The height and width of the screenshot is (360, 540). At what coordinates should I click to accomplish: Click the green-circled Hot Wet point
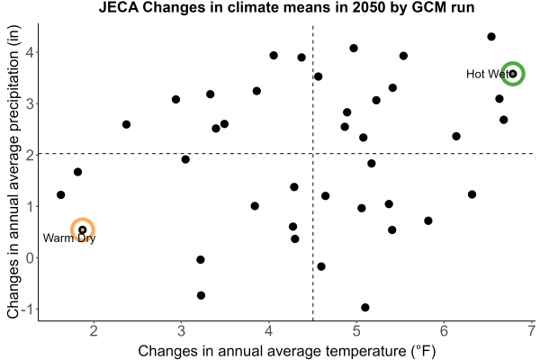(x=513, y=74)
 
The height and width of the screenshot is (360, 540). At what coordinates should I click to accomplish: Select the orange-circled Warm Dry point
(x=82, y=229)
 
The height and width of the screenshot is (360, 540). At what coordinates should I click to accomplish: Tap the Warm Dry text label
(x=69, y=238)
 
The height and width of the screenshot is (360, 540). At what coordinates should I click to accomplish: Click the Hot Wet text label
(x=487, y=74)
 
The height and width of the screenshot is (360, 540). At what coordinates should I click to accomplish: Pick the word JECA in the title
(x=119, y=7)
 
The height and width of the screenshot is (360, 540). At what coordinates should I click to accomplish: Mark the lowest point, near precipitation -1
(x=365, y=307)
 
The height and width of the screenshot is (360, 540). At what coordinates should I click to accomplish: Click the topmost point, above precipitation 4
(x=491, y=37)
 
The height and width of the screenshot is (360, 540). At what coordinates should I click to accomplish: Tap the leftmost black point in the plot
(x=60, y=195)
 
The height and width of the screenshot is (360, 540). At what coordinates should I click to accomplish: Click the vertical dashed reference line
(x=312, y=172)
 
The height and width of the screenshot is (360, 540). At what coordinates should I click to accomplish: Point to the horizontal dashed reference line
(x=285, y=153)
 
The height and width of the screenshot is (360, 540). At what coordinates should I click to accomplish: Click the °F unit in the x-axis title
(x=424, y=351)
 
